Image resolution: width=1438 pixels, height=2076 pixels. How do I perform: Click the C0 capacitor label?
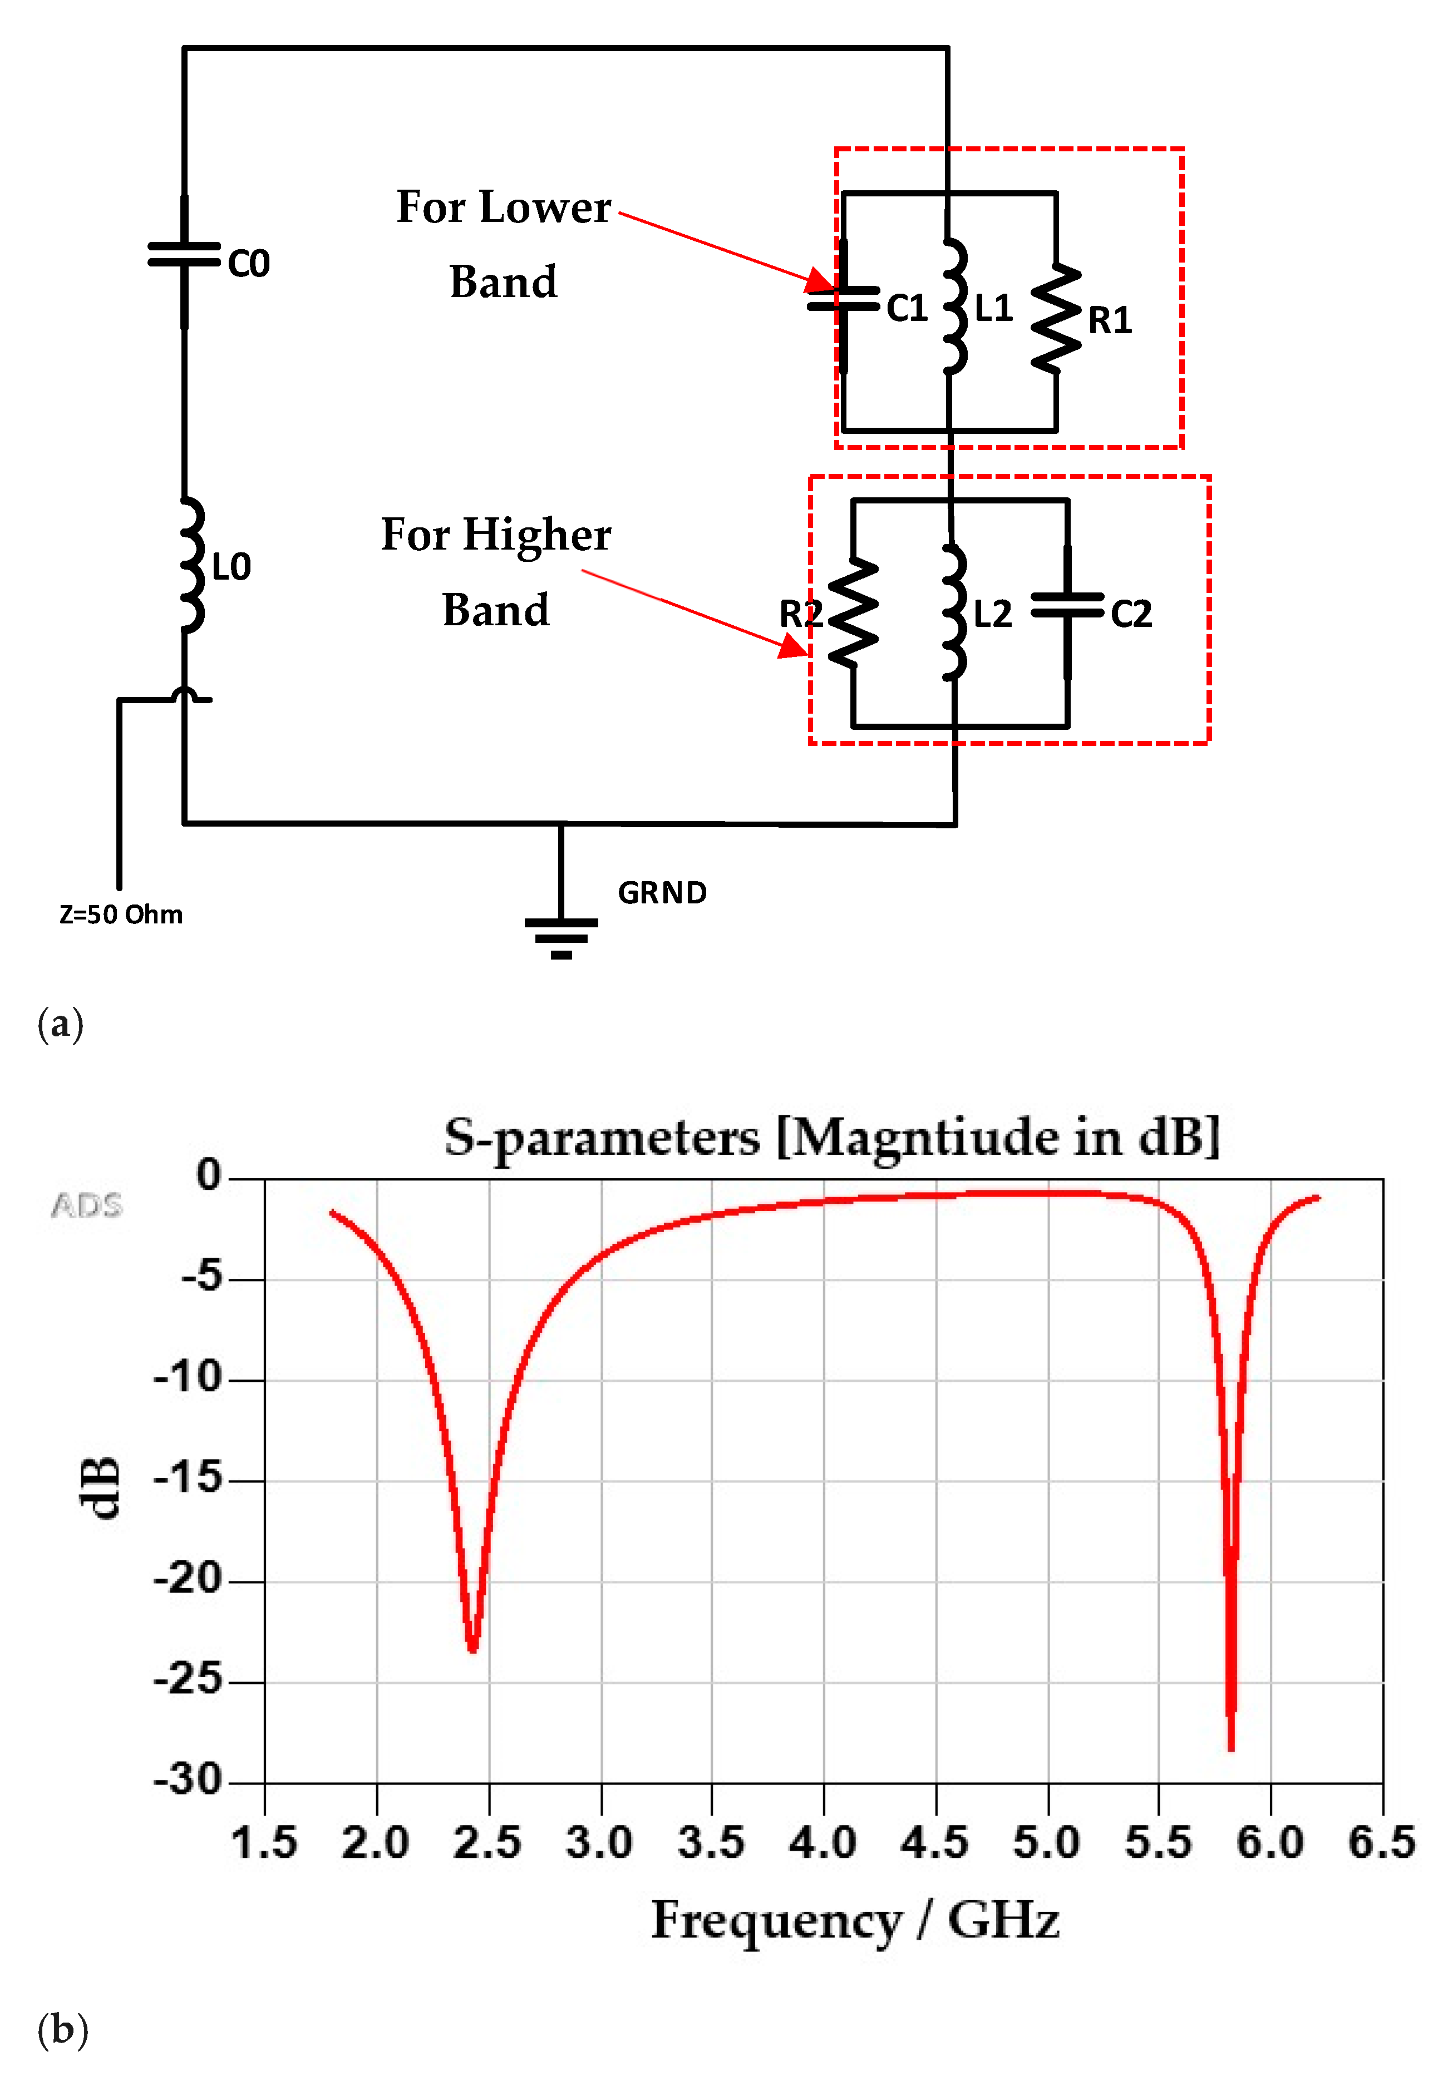click(249, 264)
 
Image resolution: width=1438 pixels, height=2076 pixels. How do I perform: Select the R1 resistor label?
click(1110, 320)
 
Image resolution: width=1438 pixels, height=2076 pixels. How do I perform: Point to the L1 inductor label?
click(994, 309)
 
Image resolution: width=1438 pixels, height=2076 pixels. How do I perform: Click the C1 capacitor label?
click(907, 309)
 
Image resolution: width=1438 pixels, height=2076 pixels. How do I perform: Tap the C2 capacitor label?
click(1131, 614)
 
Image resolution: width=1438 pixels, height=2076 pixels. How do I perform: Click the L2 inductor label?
click(993, 614)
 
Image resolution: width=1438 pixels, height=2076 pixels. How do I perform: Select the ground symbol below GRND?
click(560, 937)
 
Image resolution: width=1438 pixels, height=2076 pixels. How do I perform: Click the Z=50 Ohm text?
click(121, 914)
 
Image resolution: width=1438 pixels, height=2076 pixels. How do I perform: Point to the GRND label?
click(662, 893)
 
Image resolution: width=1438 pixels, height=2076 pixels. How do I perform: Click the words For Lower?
click(504, 207)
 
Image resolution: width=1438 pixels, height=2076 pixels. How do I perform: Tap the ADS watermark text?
click(86, 1205)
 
